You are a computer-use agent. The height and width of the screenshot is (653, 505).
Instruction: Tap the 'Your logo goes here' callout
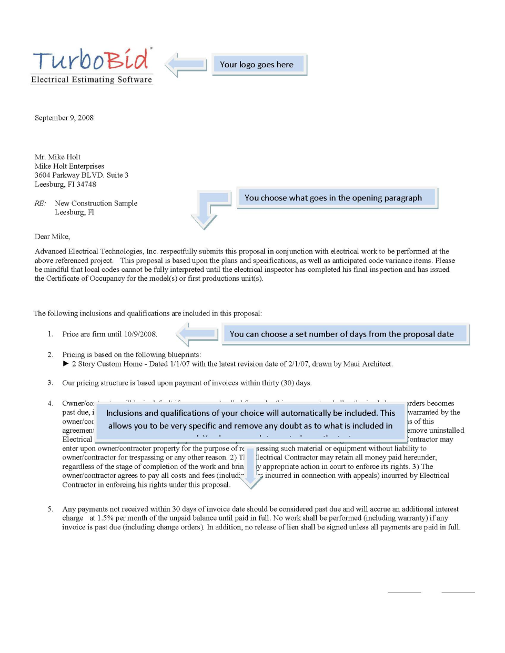tap(258, 65)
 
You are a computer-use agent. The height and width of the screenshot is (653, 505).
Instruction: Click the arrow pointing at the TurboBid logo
tap(186, 65)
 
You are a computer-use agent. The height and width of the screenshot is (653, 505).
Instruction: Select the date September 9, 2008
tap(64, 118)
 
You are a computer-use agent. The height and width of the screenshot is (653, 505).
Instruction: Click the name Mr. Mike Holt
tap(58, 157)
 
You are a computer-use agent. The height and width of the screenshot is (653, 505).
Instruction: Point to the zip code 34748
tap(86, 184)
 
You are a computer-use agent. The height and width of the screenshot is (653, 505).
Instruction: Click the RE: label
tap(40, 203)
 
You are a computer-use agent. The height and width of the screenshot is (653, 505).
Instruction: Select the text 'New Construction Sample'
tap(96, 203)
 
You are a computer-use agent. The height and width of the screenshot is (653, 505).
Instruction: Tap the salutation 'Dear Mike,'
tap(52, 237)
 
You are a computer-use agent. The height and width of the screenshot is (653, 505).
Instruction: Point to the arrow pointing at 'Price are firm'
tap(197, 334)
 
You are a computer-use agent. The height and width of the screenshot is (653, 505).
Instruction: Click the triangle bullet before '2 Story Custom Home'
tap(66, 364)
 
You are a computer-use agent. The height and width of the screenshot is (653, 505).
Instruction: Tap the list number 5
tap(50, 509)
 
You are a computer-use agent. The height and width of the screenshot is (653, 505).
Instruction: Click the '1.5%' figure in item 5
tap(105, 518)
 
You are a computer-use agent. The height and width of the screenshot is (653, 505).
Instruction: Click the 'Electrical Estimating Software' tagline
tap(92, 80)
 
